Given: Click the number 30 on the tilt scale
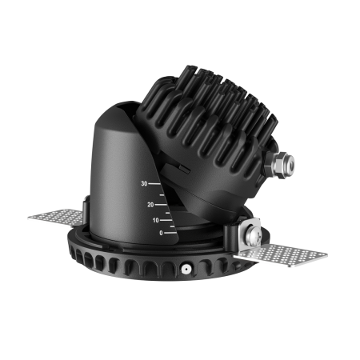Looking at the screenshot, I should click(144, 184).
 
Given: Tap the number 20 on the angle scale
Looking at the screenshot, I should click(150, 205).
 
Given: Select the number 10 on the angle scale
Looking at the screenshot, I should click(154, 220).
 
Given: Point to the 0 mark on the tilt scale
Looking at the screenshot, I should click(160, 233).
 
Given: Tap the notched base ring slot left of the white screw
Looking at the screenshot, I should click(164, 268).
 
